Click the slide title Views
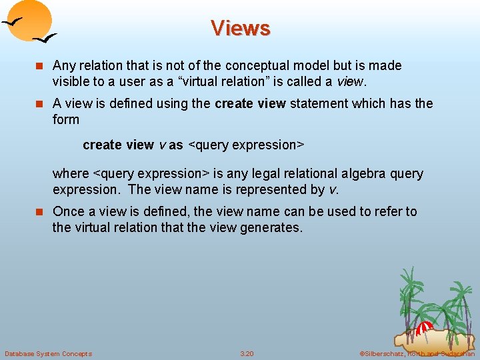click(240, 28)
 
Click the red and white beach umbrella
click(425, 329)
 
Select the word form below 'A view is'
click(66, 119)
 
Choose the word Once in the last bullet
click(68, 211)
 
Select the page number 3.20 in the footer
click(247, 353)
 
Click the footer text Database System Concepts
click(48, 353)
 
